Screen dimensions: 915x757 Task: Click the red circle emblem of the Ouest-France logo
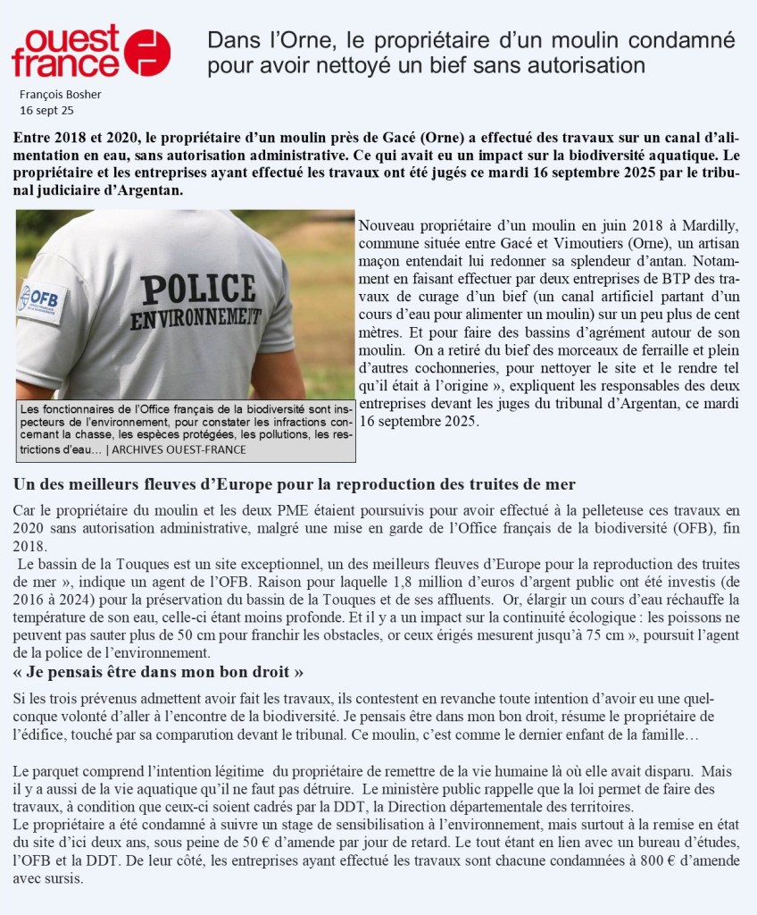(x=147, y=52)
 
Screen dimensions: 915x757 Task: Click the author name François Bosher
(x=60, y=95)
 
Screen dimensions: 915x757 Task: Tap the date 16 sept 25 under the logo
(x=46, y=111)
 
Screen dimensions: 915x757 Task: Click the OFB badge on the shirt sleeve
(x=39, y=298)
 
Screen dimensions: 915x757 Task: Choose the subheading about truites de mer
(x=294, y=484)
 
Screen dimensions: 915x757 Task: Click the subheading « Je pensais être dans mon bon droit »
(x=159, y=671)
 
